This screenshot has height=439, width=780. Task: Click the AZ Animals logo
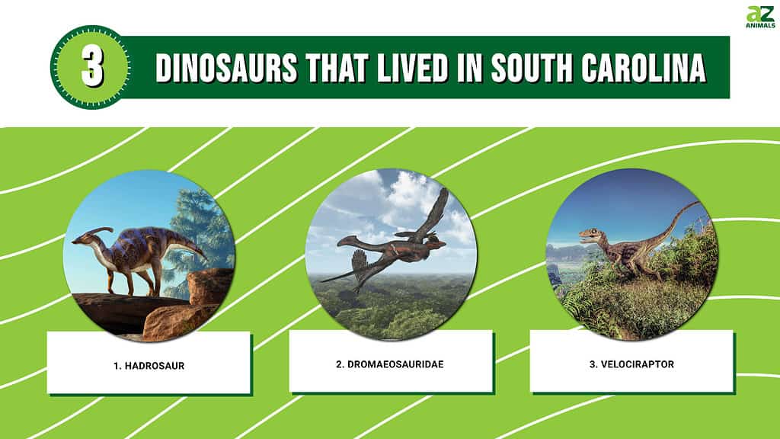click(760, 17)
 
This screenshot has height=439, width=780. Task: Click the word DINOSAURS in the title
click(226, 68)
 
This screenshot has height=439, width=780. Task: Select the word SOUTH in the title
click(532, 68)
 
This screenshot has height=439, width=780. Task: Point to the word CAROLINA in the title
click(644, 68)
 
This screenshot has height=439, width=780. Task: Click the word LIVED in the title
click(413, 68)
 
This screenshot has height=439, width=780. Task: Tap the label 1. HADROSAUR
click(149, 366)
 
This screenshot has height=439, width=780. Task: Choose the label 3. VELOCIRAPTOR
click(631, 364)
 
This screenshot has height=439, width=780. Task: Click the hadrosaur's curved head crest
click(99, 231)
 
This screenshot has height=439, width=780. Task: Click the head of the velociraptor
click(590, 235)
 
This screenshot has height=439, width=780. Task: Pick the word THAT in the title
click(337, 68)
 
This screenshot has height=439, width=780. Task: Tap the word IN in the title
click(469, 68)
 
